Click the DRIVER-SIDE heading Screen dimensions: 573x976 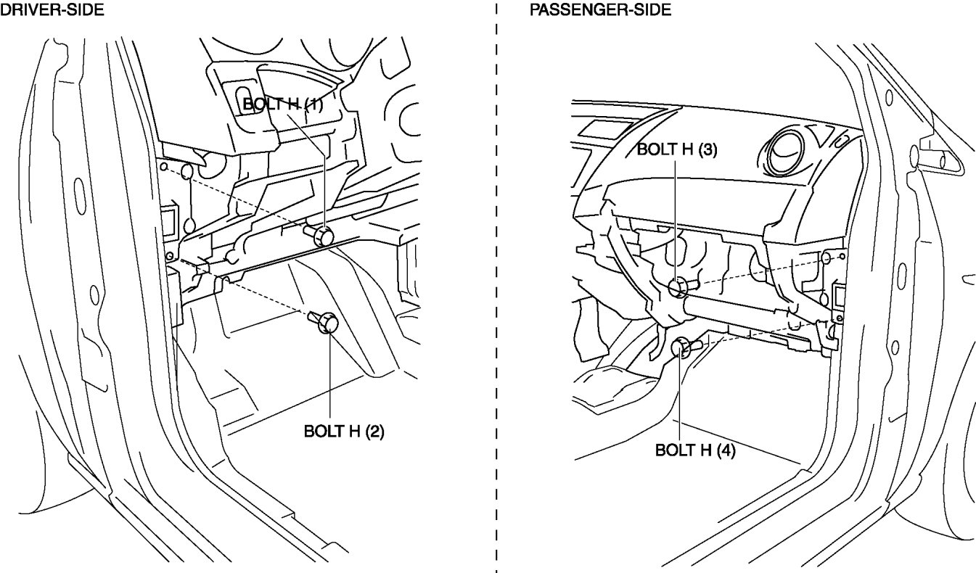[52, 9]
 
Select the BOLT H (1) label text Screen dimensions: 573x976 [282, 104]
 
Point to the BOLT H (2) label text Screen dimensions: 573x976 [344, 432]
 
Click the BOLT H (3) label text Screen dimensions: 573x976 [676, 149]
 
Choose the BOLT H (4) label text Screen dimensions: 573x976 [695, 450]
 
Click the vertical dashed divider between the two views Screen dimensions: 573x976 [496, 290]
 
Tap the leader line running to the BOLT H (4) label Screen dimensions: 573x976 [681, 395]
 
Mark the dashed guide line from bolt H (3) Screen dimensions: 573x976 [762, 272]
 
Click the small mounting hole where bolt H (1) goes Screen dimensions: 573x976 [163, 167]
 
